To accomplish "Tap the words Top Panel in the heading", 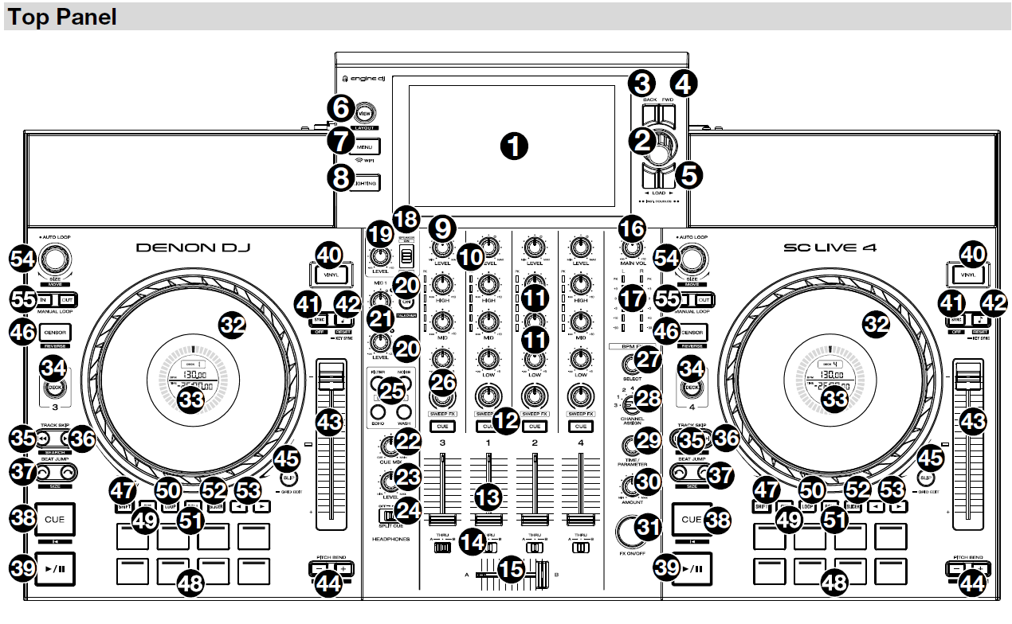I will (x=63, y=18).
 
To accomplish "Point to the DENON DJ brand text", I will (x=193, y=248).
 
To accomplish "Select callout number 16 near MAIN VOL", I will (x=633, y=228).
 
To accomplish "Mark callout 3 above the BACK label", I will (x=642, y=82).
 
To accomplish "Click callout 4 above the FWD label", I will (x=683, y=82).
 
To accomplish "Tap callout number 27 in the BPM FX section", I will (x=649, y=360).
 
